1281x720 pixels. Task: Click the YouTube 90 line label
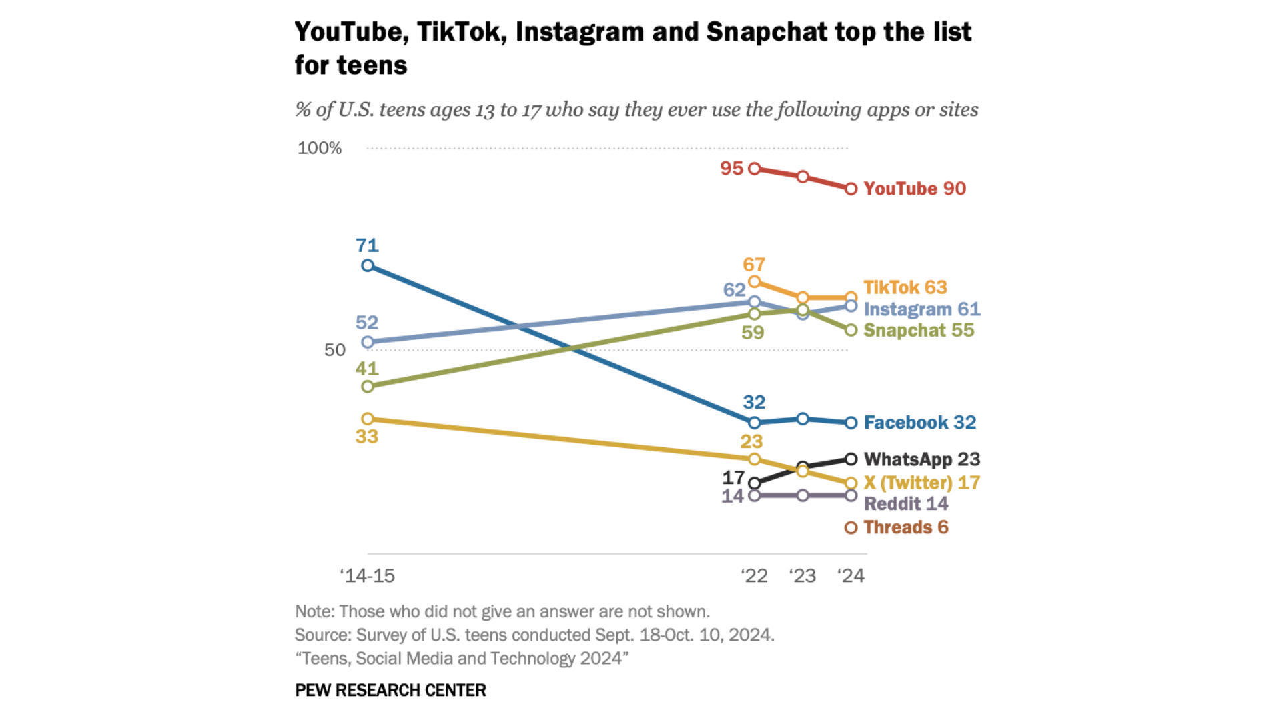[x=914, y=189]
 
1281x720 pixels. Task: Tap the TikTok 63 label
[x=905, y=287]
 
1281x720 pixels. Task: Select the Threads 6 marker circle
[x=851, y=528]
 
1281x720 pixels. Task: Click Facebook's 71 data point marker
[x=367, y=266]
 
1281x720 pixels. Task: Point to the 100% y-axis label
[x=319, y=148]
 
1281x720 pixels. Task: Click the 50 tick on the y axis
[x=334, y=350]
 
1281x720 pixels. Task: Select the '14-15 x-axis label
[x=367, y=575]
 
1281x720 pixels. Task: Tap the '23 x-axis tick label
[x=802, y=575]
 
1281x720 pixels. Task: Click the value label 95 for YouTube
[x=731, y=169]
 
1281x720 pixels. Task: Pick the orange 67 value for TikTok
[x=753, y=265]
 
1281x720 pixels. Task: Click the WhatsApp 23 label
[x=921, y=459]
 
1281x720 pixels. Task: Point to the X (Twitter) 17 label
[x=921, y=483]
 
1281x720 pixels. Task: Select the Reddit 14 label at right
[x=905, y=504]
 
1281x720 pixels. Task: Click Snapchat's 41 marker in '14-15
[x=367, y=387]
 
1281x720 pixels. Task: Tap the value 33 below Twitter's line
[x=366, y=437]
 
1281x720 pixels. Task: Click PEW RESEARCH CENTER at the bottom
[x=390, y=690]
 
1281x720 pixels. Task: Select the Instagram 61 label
[x=921, y=309]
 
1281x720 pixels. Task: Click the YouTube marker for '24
[x=851, y=189]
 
